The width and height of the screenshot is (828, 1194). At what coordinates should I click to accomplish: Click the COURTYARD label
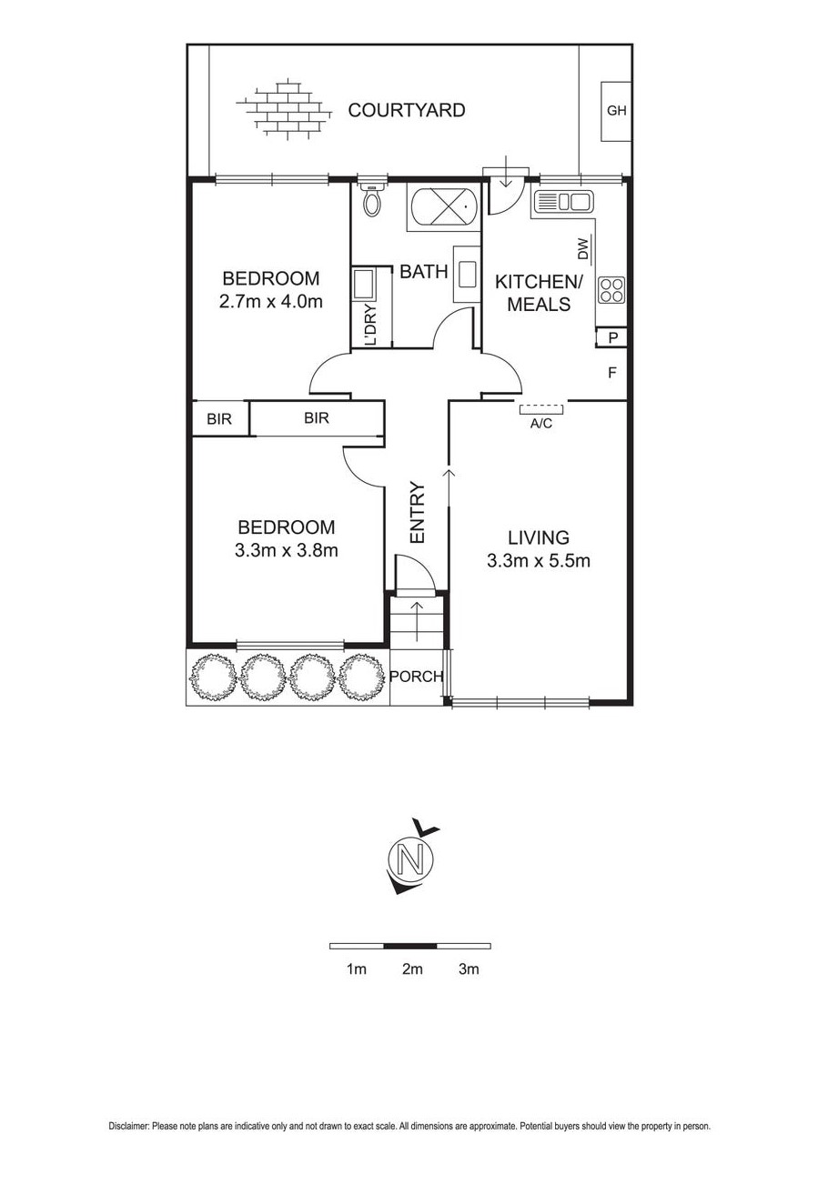tap(407, 111)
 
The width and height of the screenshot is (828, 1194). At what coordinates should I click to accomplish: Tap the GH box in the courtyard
tap(616, 111)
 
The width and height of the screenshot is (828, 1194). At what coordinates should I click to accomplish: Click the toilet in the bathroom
tap(371, 200)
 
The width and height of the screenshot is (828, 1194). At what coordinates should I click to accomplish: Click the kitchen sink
tap(563, 202)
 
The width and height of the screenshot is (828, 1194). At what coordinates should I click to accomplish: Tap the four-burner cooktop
tap(611, 290)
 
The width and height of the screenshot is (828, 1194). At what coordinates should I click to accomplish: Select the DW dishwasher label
tap(583, 246)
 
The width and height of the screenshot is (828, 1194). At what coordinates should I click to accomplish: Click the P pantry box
tap(612, 338)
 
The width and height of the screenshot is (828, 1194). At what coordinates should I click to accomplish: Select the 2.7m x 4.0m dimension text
tap(271, 301)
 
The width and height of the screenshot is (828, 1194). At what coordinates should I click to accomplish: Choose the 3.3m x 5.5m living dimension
tap(538, 560)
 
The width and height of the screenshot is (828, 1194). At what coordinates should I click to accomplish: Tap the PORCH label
tap(416, 677)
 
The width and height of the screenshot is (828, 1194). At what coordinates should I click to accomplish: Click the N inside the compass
tap(411, 858)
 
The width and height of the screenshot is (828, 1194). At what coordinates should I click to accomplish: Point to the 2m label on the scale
tap(412, 969)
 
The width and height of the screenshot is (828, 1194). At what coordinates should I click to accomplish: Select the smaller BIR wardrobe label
tap(218, 419)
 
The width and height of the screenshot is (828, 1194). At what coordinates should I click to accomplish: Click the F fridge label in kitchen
tap(612, 372)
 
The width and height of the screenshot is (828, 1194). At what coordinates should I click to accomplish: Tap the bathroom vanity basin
tap(468, 274)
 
